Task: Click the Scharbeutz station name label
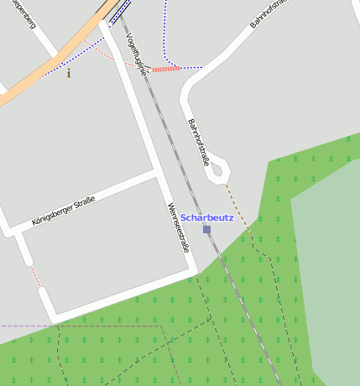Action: point(206,217)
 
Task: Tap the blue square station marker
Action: point(206,228)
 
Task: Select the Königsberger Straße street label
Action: point(63,210)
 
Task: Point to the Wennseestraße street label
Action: point(177,227)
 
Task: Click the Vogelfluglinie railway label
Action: point(135,55)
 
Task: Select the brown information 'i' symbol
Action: point(69,74)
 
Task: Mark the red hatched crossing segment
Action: point(166,69)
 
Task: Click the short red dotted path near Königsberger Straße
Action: point(34,274)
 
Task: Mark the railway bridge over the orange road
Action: point(117,11)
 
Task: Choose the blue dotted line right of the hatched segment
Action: point(191,67)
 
